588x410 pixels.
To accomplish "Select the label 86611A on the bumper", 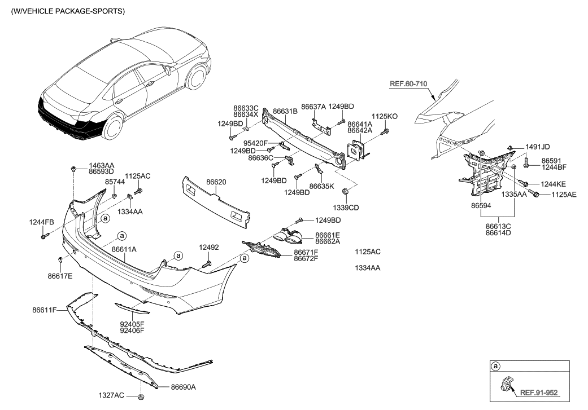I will pyautogui.click(x=124, y=249).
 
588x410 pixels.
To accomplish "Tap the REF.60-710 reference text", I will pyautogui.click(x=408, y=84).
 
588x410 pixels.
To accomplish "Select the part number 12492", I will pyautogui.click(x=208, y=247).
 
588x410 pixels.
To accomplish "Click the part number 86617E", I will pyautogui.click(x=60, y=276).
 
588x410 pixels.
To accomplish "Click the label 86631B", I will pyautogui.click(x=285, y=112).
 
